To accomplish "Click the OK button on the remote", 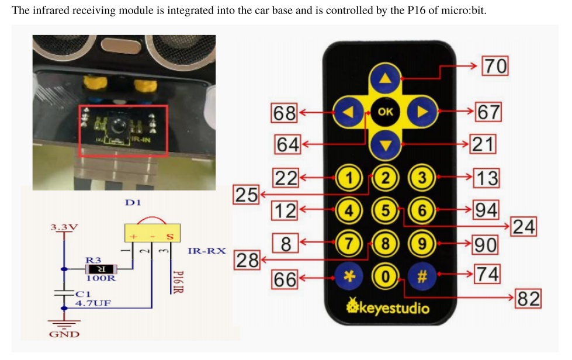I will coord(385,111).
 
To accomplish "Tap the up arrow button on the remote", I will coord(385,79).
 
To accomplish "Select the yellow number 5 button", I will coord(385,210).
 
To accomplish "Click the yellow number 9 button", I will coord(421,244).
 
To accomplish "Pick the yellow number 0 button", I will coord(385,276).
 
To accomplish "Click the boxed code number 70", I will coord(494,66).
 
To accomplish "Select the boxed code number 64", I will coord(287,144).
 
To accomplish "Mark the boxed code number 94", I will coord(486,210).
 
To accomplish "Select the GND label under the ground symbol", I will coord(64,334).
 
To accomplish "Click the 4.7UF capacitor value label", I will coord(93,303).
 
